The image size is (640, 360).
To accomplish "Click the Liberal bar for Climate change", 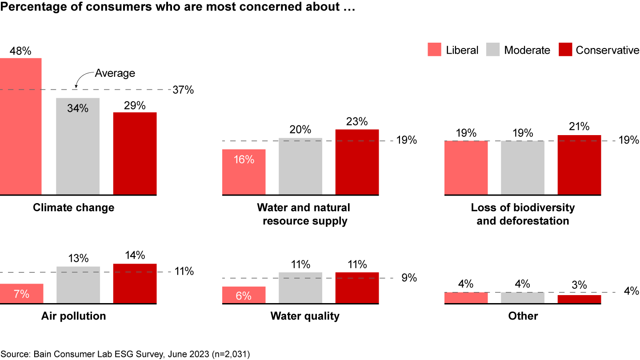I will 20,127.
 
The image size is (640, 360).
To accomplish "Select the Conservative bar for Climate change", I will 135,153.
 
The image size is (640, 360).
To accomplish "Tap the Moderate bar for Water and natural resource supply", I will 300,166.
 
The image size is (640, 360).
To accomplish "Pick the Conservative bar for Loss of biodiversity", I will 579,165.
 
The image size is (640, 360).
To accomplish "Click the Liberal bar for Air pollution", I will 21,293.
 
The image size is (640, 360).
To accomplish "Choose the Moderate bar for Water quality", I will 300,288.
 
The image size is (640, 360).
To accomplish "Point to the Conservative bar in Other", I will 579,299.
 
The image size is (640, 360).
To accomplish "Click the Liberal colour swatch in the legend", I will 434,50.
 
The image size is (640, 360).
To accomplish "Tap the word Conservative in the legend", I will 607,50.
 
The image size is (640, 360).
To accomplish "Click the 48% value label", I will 20,51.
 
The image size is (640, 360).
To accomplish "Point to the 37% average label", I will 183,90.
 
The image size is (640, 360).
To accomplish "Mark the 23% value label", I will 357,122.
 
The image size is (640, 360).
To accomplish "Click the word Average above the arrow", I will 115,73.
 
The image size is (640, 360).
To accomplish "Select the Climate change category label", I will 73,208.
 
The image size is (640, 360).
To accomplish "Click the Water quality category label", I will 305,316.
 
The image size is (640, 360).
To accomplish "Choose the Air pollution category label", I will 73,316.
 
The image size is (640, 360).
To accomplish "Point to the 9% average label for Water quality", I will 409,278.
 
